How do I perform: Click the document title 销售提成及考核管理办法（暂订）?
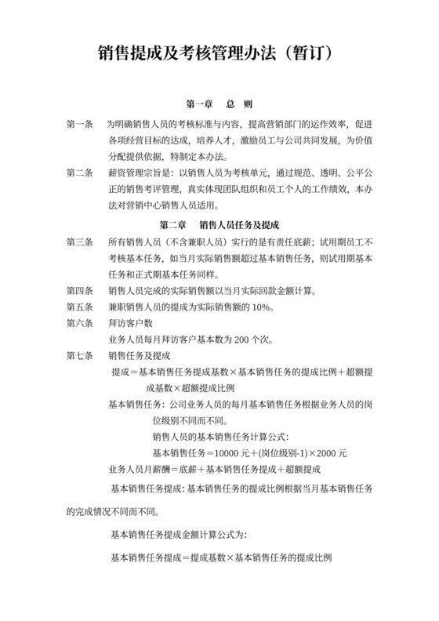(219, 53)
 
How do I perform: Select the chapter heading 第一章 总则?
(219, 104)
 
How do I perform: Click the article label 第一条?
(81, 125)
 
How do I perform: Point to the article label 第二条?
(81, 173)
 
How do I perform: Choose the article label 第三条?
(81, 243)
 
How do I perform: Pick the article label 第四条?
(81, 291)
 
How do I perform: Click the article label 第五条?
(81, 307)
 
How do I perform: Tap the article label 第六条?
(81, 323)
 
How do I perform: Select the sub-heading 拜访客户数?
(130, 323)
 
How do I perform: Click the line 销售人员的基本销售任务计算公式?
(220, 436)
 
